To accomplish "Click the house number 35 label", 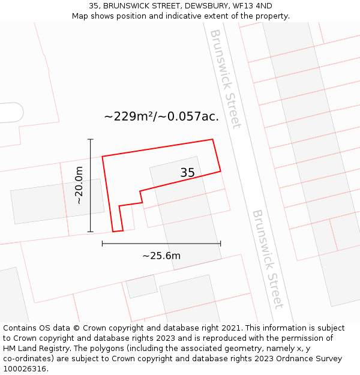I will (188, 173).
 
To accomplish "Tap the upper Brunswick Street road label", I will (226, 78).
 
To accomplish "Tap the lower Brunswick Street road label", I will (268, 259).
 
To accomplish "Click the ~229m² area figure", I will (130, 116).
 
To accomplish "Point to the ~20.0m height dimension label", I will (79, 185).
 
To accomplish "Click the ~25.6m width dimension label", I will (161, 256).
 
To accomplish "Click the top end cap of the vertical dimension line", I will (91, 139).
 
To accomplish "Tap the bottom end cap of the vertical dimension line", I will (91, 232).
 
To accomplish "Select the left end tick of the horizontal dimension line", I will (103, 244).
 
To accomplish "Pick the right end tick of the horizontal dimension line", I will (221, 244).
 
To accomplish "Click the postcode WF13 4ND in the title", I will (251, 6).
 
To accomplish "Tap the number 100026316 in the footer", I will (25, 369).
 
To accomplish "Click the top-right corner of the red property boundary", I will (212, 140).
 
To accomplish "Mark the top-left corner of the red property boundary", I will (103, 157).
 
